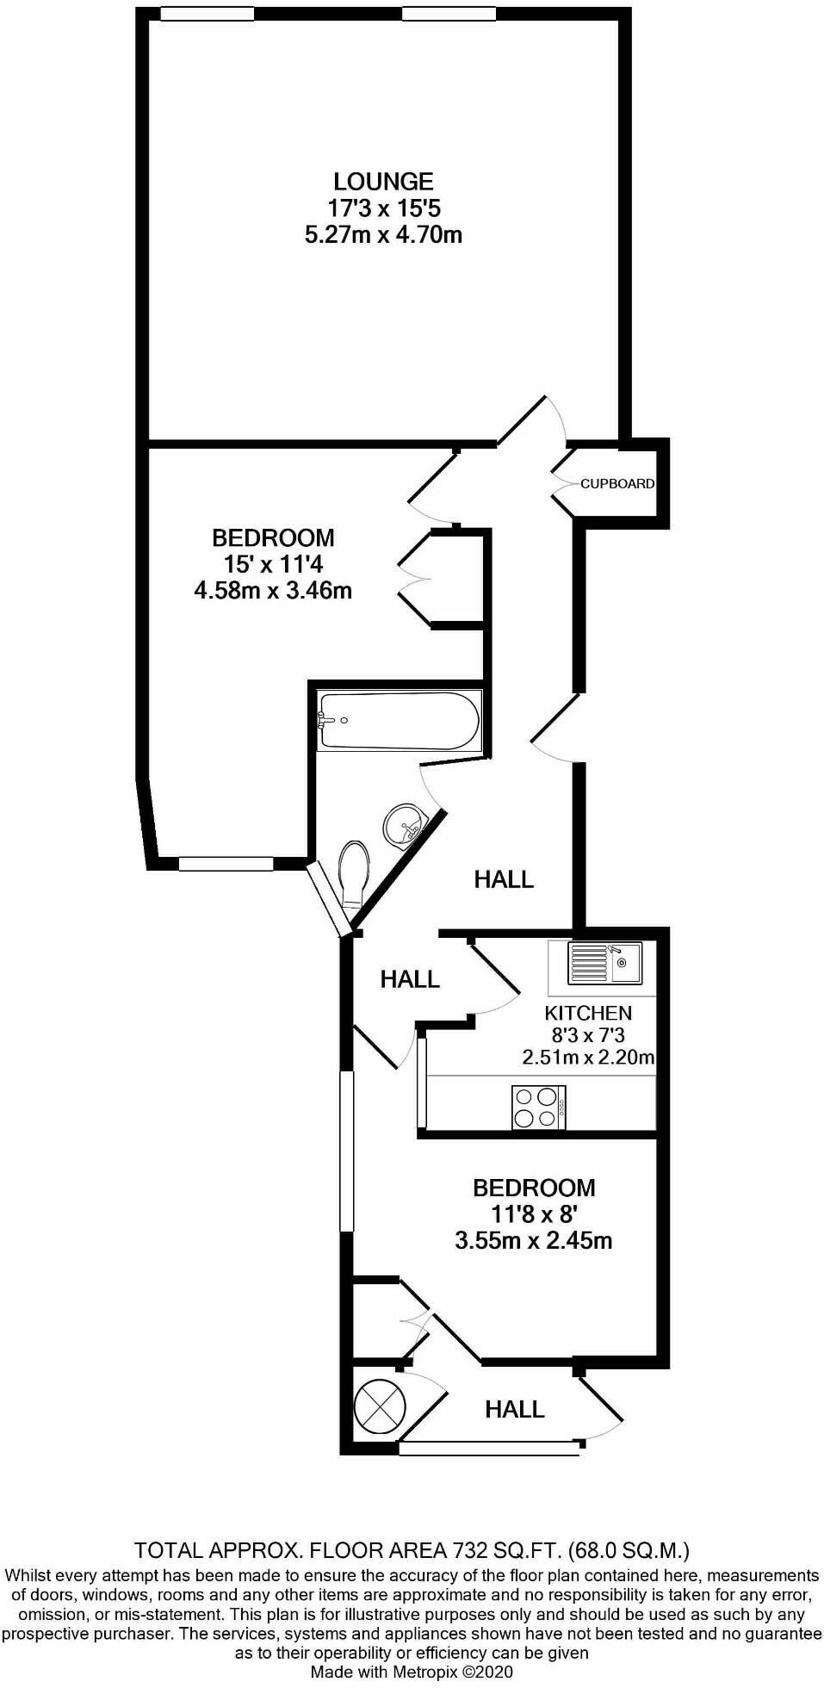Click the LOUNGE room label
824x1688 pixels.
pos(383,182)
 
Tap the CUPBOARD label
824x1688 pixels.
pos(616,484)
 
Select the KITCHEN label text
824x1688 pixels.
pos(588,1013)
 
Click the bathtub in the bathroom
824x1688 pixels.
pos(397,719)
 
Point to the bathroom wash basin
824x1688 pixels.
pos(404,825)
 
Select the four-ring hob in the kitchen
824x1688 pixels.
pos(538,1107)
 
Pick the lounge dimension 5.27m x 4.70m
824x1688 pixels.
pos(383,234)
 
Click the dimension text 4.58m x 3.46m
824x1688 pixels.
pos(273,591)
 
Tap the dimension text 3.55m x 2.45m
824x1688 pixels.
pos(534,1240)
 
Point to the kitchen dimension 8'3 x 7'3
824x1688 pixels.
pos(588,1035)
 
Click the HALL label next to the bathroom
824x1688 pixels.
pos(504,879)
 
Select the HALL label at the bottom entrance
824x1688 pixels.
pos(515,1409)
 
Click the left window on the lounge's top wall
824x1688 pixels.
pos(207,13)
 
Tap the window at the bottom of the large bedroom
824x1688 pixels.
pos(226,863)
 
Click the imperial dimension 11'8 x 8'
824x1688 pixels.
pos(534,1214)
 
